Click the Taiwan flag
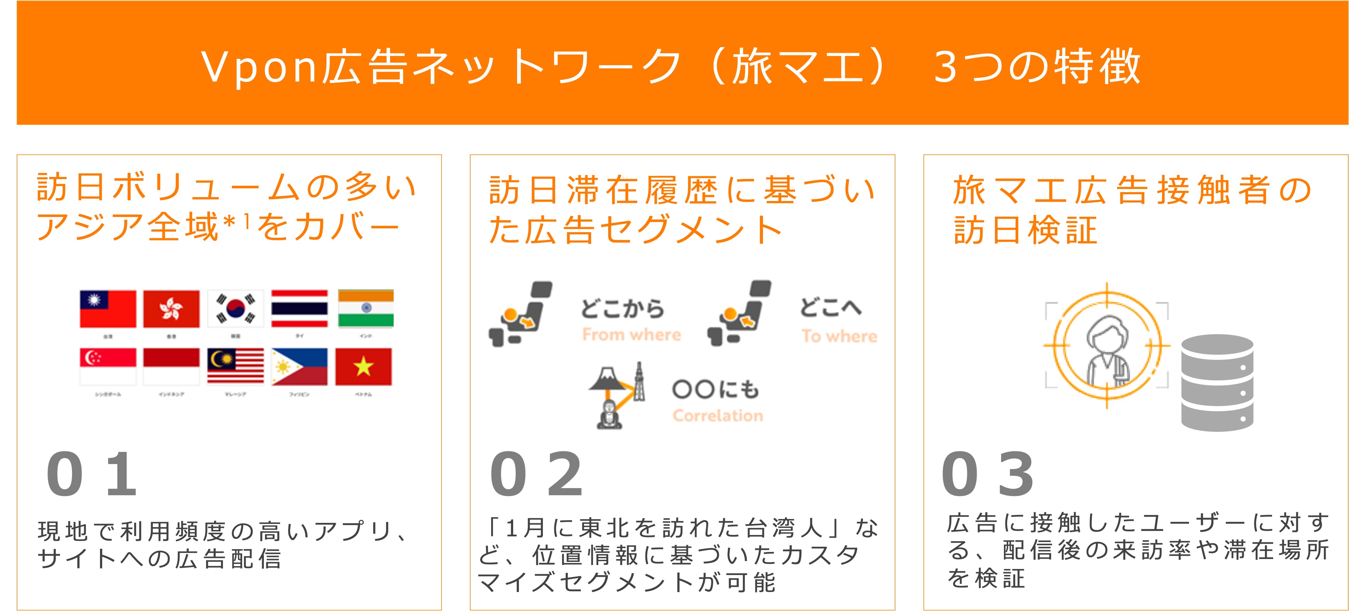108,309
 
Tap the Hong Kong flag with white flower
171,309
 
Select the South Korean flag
236,309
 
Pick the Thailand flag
300,309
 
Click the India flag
366,309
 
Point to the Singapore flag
108,367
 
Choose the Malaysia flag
236,367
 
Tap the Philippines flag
300,367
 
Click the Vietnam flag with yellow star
363,367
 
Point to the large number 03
988,474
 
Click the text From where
632,335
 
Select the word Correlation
717,415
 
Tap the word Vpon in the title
259,67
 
